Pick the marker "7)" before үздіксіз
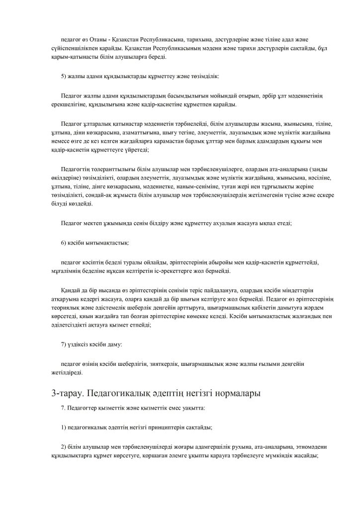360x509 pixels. pyautogui.click(x=64, y=344)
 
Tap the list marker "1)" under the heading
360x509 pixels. pyautogui.click(x=64, y=427)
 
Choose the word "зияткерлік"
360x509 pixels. pyautogui.click(x=164, y=364)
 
